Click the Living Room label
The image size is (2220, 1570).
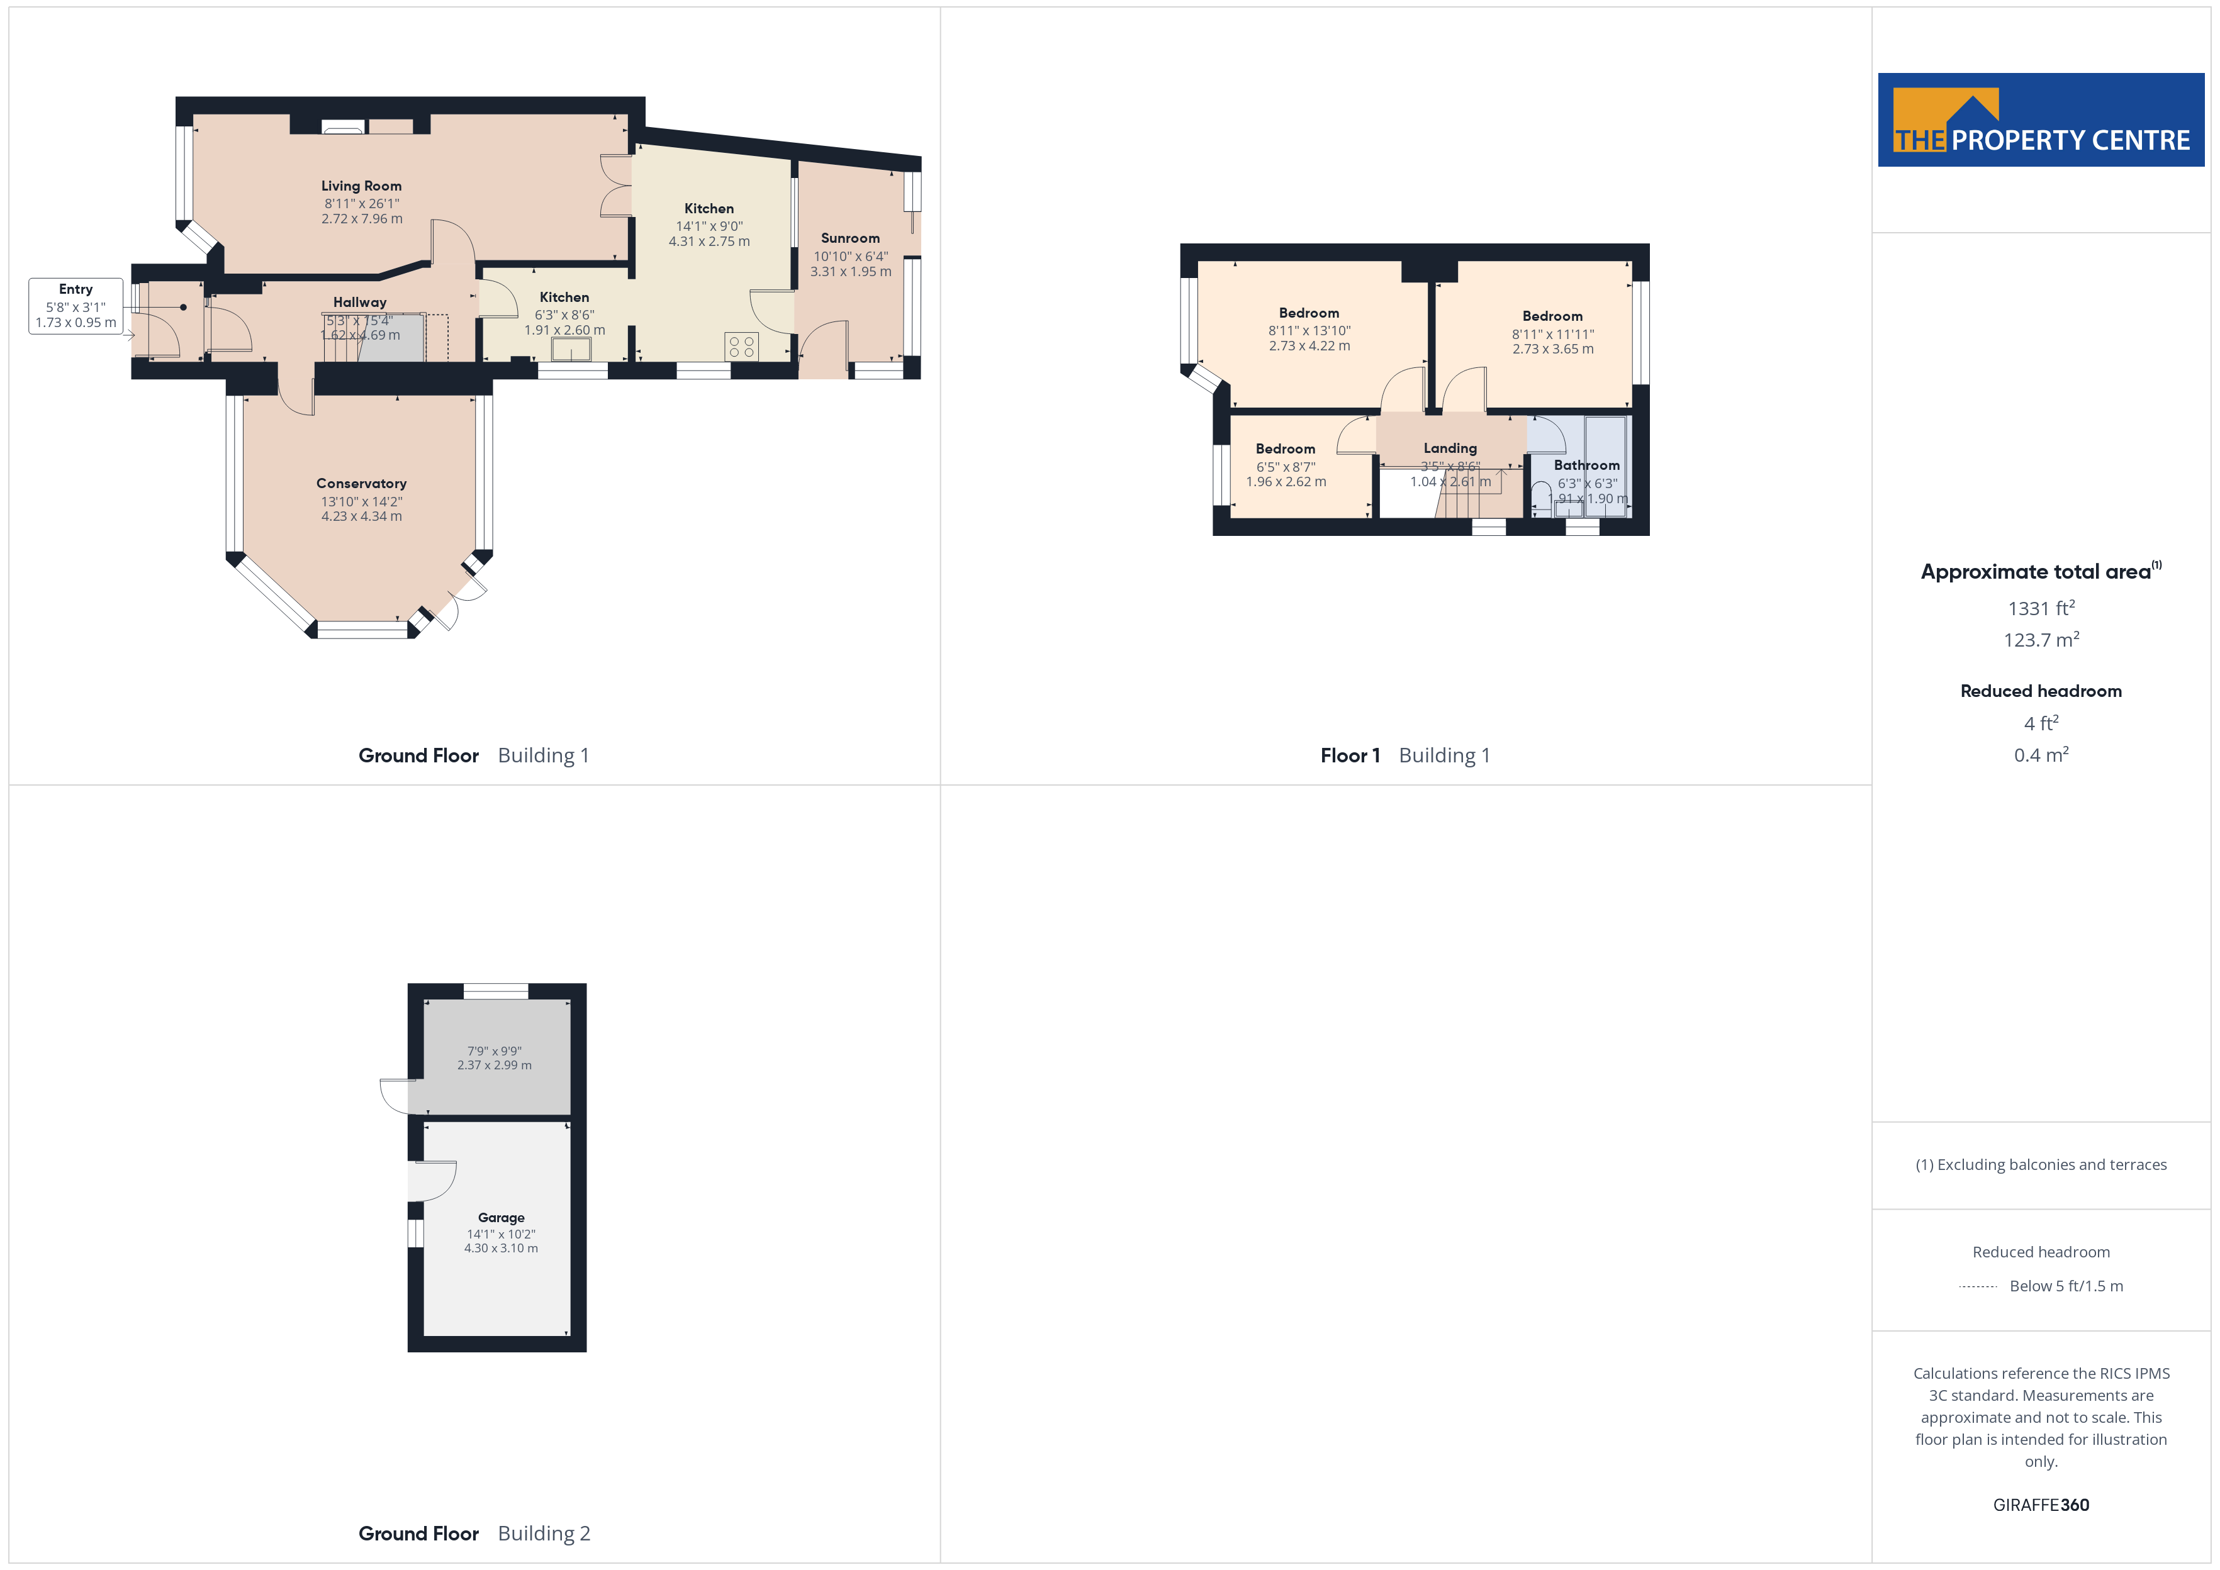coord(362,186)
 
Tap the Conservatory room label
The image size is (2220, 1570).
coord(362,483)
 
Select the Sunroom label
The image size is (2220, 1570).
coord(850,238)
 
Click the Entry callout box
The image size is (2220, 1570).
coord(76,306)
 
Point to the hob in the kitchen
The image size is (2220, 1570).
coord(742,346)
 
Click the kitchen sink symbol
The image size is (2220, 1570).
coord(571,348)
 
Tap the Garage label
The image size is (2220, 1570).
coord(501,1217)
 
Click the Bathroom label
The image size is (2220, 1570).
coord(1587,465)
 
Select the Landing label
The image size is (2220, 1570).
coord(1450,448)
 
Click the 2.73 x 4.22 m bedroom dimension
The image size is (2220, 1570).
coord(1309,346)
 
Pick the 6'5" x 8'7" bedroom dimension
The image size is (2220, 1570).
coord(1286,467)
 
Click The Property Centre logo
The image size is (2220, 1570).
coord(2041,120)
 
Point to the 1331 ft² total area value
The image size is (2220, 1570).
coord(2041,608)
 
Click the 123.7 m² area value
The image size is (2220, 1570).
coord(2041,640)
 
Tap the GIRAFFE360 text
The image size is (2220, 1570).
coord(2041,1505)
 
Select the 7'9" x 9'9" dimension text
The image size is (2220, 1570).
coord(494,1051)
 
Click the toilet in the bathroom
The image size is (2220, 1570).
coord(1541,497)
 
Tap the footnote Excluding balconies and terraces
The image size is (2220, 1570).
coord(2041,1165)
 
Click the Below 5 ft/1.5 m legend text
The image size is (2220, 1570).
coord(2066,1286)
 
